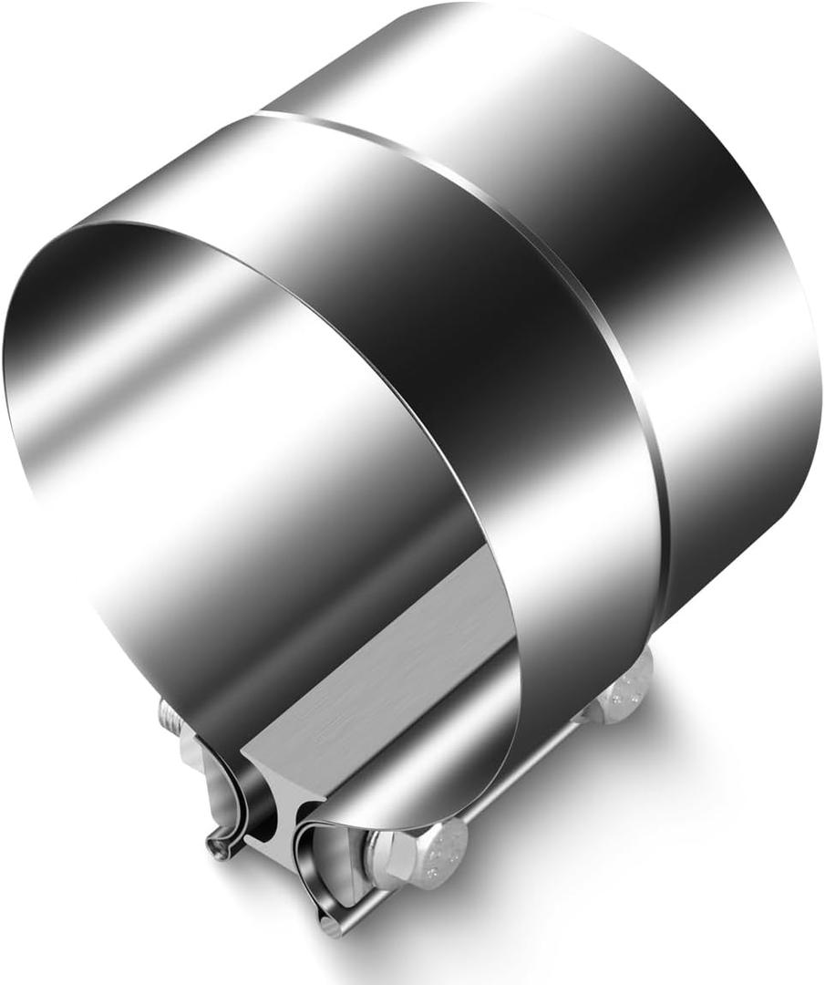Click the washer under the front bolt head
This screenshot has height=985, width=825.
(383, 862)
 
